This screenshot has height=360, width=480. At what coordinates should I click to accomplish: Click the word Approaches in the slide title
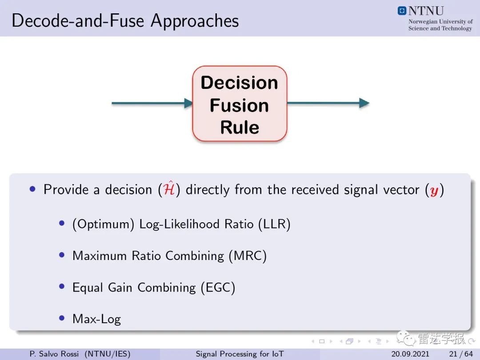[195, 21]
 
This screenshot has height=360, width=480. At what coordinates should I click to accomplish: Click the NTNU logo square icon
[402, 11]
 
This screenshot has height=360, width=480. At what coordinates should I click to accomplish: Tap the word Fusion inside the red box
[240, 105]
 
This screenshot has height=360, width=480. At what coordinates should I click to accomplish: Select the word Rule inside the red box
[240, 128]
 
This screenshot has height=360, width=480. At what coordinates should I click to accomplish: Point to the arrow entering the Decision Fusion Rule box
[152, 103]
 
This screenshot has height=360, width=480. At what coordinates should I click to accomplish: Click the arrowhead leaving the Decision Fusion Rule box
[364, 103]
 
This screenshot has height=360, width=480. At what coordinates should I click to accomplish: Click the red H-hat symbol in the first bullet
[169, 188]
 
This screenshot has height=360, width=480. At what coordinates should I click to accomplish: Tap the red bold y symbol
[434, 191]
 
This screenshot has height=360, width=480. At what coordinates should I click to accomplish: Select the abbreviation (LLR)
[274, 224]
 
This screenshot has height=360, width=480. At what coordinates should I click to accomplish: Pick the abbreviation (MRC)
[248, 256]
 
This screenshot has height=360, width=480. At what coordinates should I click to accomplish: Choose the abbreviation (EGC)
[218, 288]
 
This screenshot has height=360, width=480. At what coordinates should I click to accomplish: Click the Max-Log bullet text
[97, 319]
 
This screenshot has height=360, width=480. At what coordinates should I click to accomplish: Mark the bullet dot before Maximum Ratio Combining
[62, 255]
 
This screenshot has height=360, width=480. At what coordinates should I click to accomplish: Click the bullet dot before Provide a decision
[33, 189]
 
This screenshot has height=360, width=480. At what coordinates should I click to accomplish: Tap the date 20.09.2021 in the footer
[410, 354]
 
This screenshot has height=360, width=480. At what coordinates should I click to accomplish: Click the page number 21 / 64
[461, 354]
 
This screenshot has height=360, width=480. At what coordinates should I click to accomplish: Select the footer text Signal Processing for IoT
[240, 354]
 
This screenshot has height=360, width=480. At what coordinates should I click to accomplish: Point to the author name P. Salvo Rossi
[54, 354]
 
